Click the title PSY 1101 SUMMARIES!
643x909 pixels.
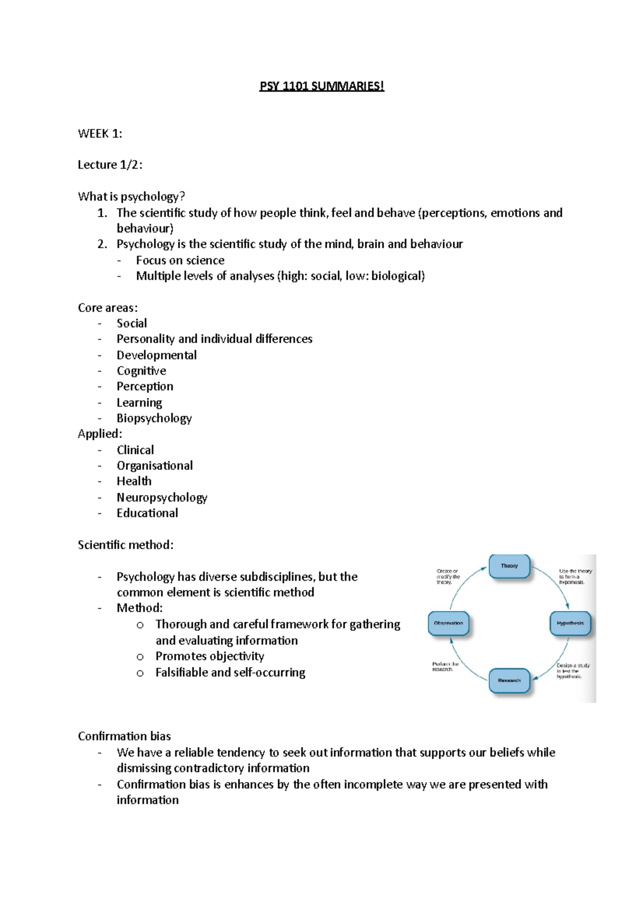point(322,86)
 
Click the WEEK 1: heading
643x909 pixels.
point(100,134)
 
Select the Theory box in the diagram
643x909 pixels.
point(509,566)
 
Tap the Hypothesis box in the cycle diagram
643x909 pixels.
point(570,623)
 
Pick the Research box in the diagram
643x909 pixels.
point(509,680)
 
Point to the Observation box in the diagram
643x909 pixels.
point(448,623)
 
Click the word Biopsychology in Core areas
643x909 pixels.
point(154,418)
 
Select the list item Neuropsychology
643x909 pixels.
point(162,497)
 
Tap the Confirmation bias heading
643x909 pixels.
point(124,736)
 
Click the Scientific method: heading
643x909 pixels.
point(125,545)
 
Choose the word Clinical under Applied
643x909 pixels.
point(135,450)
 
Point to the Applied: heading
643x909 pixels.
point(100,434)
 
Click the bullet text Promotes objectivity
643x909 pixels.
point(210,656)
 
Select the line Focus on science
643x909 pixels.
point(180,260)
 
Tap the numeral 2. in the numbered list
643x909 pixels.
point(102,244)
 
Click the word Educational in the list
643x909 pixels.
point(147,513)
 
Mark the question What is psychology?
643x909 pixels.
point(131,196)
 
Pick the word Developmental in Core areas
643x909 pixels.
point(156,355)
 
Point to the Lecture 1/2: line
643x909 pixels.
point(110,165)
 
